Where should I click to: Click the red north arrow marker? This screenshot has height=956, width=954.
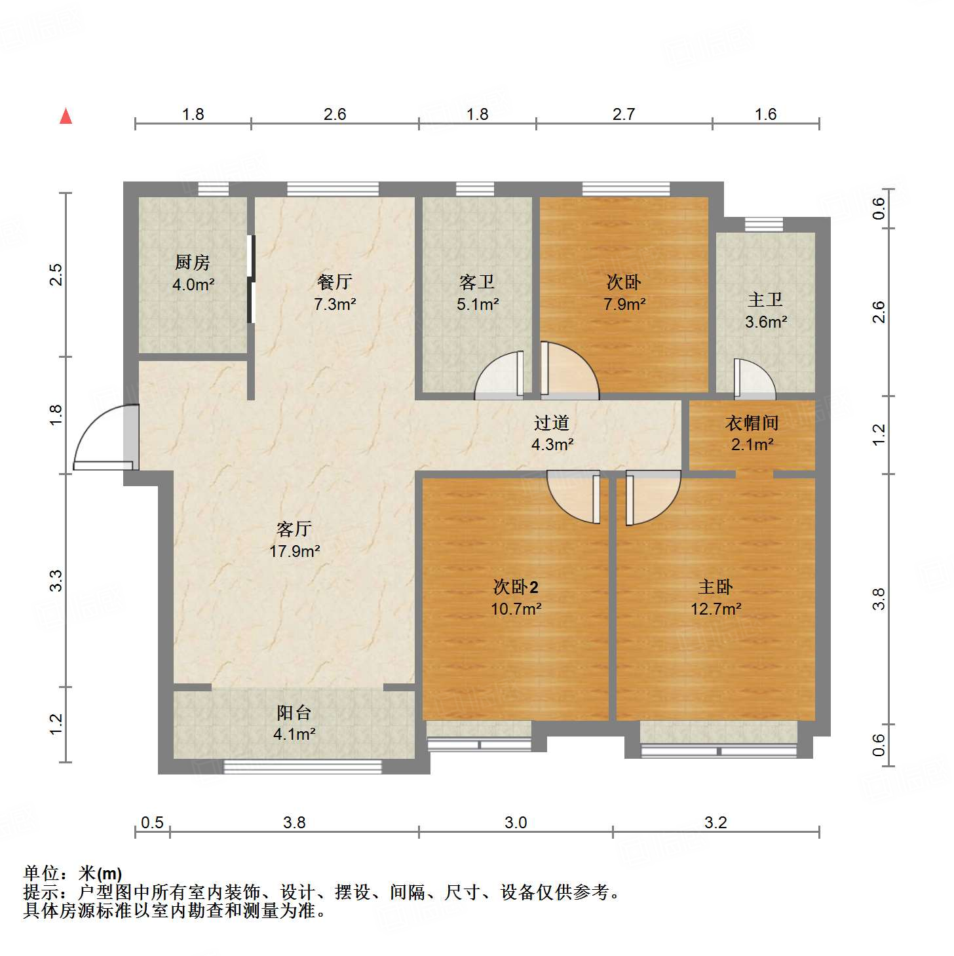tap(66, 116)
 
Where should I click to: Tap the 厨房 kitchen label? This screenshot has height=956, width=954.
tap(193, 263)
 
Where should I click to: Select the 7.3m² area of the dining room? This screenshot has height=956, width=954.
tap(335, 304)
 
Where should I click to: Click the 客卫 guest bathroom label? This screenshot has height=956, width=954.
tap(477, 282)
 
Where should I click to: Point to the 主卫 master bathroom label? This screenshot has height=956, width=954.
tap(765, 300)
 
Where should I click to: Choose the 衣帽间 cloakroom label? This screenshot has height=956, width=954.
tap(752, 423)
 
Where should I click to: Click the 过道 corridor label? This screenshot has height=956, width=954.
tap(552, 423)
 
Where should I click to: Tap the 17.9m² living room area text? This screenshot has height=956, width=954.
tap(294, 551)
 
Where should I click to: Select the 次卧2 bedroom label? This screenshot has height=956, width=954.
tap(516, 586)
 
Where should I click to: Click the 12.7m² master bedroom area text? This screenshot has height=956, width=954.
tap(715, 609)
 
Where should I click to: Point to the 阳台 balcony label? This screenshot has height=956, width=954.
tap(294, 712)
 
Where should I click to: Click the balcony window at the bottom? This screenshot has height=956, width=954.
tap(303, 766)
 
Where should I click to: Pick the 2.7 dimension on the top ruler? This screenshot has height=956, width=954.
tap(624, 115)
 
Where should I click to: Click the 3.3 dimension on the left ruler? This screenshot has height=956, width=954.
tap(56, 581)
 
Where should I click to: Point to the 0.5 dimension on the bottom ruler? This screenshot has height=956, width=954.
tap(152, 822)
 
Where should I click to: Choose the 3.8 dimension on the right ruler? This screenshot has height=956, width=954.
tap(879, 599)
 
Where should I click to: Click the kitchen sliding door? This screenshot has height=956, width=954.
tap(250, 279)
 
